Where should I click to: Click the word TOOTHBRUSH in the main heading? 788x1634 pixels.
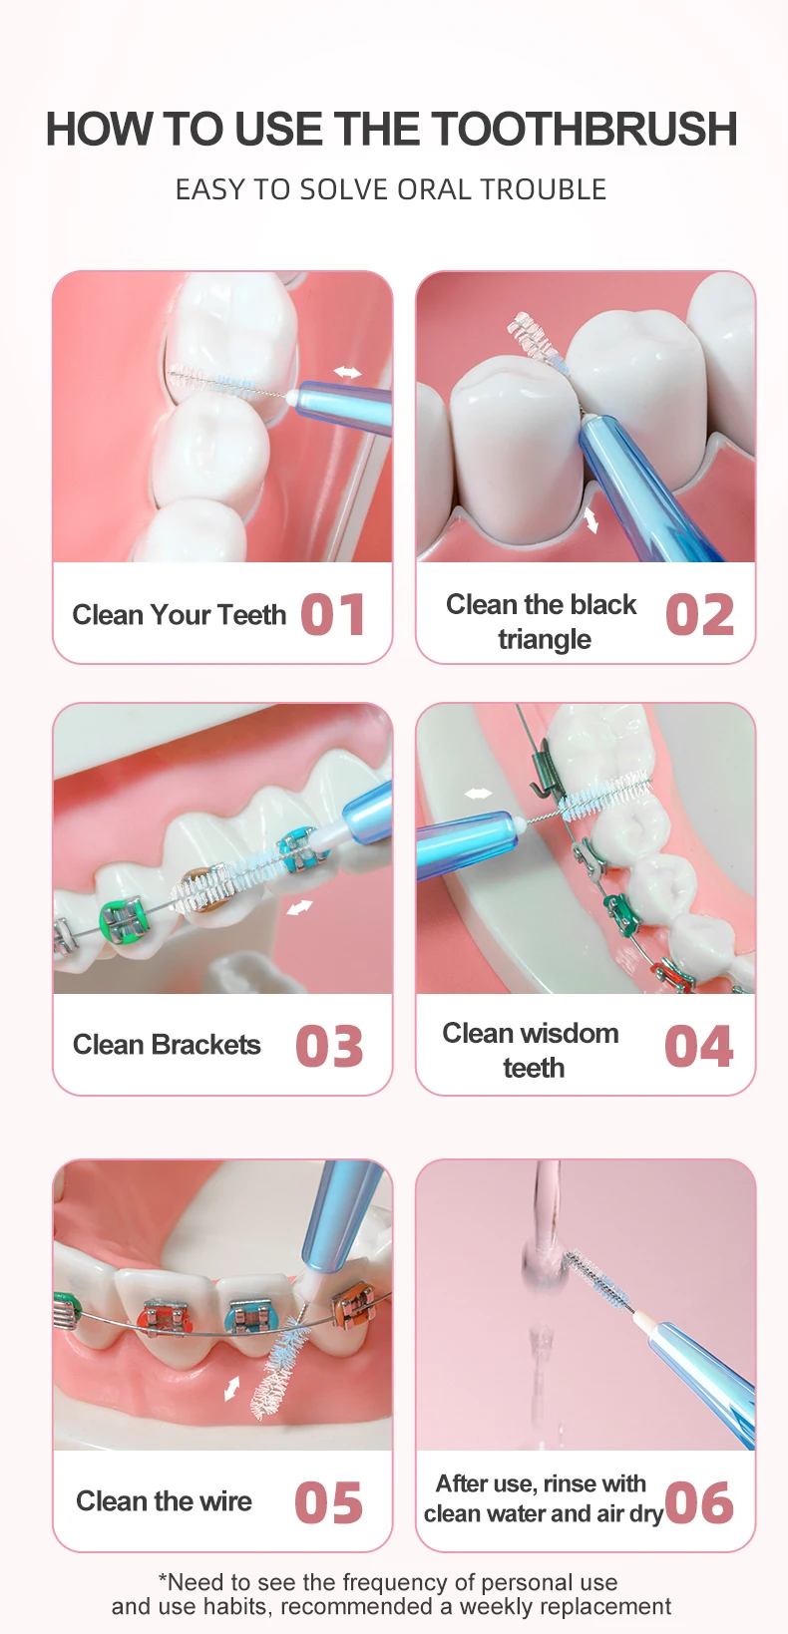coord(584,130)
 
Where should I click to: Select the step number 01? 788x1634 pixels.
coord(333,615)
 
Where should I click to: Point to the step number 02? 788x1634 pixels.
coord(699,615)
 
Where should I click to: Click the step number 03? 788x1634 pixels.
coord(330,1046)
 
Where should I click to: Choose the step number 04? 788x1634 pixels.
coord(699,1046)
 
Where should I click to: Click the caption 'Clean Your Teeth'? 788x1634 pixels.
coord(179,615)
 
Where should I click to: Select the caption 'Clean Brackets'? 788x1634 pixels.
coord(167,1045)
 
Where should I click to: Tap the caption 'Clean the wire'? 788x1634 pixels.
coord(165,1501)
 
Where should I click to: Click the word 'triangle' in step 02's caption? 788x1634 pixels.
coord(545,640)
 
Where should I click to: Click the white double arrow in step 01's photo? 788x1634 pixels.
coord(347,373)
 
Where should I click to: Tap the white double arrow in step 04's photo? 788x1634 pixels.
coord(478,793)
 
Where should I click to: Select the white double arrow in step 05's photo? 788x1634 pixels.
coord(232,1388)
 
